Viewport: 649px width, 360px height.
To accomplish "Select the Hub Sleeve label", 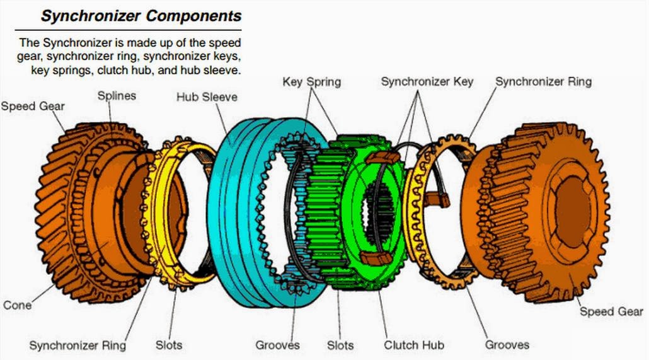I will coord(207,97).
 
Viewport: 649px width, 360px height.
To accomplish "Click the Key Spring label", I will coord(311,82).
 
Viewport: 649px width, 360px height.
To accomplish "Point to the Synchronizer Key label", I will coord(427,82).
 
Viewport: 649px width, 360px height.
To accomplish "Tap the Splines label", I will coord(117,96).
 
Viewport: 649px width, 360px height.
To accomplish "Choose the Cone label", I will coord(18,305).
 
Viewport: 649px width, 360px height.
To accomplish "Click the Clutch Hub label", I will coord(414,345).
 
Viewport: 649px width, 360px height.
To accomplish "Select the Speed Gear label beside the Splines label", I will coord(33,106).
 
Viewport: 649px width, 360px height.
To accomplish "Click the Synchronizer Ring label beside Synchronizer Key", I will coord(543,82).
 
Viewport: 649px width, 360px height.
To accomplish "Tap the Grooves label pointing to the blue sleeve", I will coord(277,345).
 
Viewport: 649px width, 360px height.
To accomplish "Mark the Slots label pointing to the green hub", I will coord(340,345).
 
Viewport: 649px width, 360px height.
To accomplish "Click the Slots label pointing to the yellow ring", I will coord(169,345).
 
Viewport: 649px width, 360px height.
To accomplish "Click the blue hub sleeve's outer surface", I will coord(236,208).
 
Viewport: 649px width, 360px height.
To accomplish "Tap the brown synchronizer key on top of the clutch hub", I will coord(382,156).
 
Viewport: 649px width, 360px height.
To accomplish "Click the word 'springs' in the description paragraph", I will coord(74,71).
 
